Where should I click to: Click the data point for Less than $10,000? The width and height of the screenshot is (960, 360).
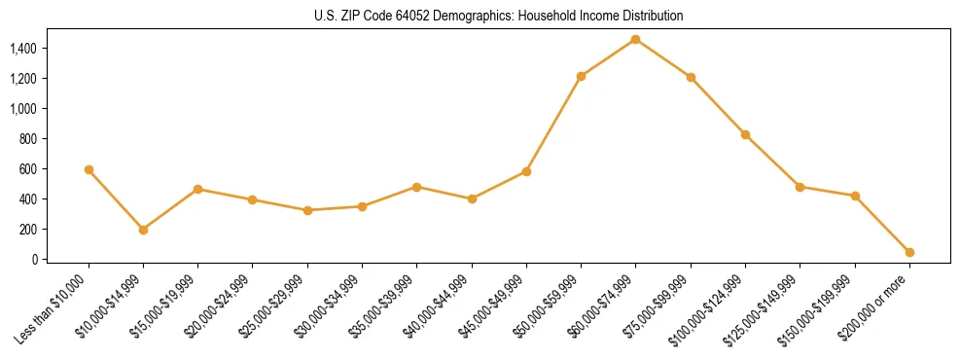(89, 169)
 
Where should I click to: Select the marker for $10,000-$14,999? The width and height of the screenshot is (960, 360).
(143, 230)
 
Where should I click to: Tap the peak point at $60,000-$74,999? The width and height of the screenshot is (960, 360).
(635, 39)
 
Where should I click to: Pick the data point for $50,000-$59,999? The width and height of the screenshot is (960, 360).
(581, 76)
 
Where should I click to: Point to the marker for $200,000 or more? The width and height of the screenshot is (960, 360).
(909, 252)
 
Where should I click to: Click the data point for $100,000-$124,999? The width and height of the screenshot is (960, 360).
(745, 134)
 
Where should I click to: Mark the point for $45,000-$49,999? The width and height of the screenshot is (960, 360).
(526, 171)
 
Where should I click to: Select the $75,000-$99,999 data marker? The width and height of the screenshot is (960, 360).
(691, 77)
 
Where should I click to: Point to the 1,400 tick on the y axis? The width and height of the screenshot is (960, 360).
(22, 48)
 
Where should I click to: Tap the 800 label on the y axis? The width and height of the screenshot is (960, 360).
(26, 139)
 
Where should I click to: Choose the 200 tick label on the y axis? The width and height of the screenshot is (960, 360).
(26, 230)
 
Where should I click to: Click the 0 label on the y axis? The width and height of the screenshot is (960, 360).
(32, 260)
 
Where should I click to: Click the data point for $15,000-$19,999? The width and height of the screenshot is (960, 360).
(197, 189)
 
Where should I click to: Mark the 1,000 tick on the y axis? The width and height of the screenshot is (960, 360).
(22, 109)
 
